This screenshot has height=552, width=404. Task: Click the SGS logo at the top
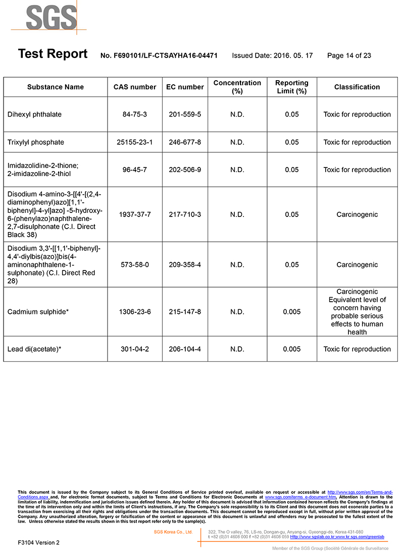(x=50, y=18)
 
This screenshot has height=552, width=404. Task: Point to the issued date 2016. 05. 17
(x=272, y=56)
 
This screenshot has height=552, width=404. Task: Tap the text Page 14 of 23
(x=349, y=56)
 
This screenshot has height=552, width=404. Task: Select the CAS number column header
(x=135, y=87)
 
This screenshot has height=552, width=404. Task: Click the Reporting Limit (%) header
(x=291, y=87)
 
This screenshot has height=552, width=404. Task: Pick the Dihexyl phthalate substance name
(x=34, y=115)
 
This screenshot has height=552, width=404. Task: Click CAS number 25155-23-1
(x=135, y=142)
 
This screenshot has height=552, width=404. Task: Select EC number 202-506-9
(x=185, y=170)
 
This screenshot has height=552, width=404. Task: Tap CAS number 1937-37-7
(x=135, y=214)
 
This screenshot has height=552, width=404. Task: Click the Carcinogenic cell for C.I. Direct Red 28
(x=357, y=265)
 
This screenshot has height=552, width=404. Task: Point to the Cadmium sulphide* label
(x=38, y=312)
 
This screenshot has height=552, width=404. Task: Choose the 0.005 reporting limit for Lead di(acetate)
(x=292, y=349)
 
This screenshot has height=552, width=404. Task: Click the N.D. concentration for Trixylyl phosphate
(x=237, y=142)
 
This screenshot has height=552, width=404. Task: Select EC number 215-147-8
(x=185, y=312)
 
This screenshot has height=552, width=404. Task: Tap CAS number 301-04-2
(x=135, y=349)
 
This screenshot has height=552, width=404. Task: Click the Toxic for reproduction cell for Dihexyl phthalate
(x=357, y=115)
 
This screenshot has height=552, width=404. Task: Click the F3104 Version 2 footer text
(x=38, y=542)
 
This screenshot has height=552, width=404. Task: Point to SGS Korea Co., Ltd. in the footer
(x=173, y=532)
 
